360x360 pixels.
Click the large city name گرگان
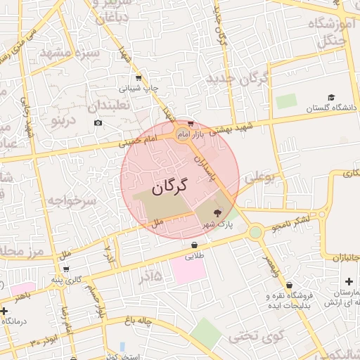tap(170, 186)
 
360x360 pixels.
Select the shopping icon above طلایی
tap(194, 245)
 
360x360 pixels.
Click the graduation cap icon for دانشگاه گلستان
tap(331, 97)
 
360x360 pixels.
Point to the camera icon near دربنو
tap(98, 123)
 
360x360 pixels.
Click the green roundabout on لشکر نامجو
tap(255, 231)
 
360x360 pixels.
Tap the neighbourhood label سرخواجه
tap(70, 200)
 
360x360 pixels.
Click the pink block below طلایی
tap(188, 271)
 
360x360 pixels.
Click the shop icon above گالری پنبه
tap(66, 269)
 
